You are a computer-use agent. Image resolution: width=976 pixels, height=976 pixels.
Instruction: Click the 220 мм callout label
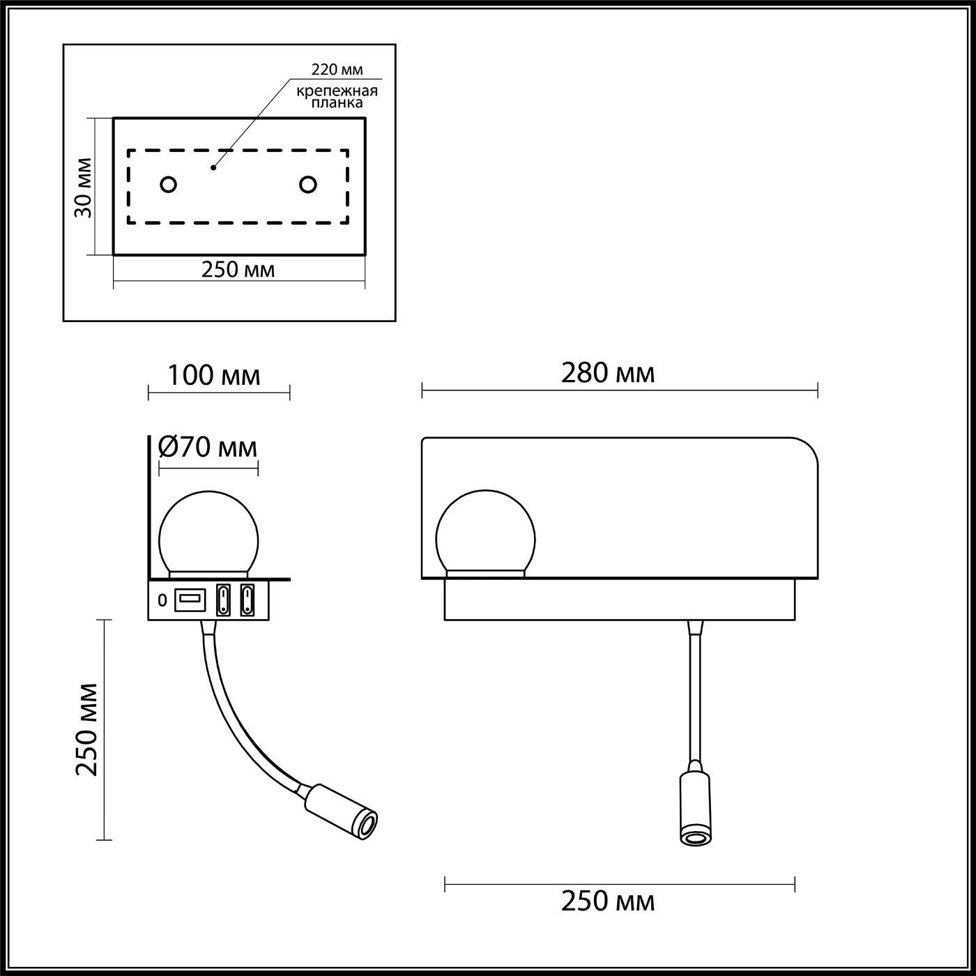pyautogui.click(x=337, y=70)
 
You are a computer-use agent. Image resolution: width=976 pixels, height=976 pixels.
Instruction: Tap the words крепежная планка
pyautogui.click(x=337, y=97)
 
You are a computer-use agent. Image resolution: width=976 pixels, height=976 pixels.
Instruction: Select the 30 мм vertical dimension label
pyautogui.click(x=84, y=188)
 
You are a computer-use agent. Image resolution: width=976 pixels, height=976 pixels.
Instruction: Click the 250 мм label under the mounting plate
pyautogui.click(x=238, y=270)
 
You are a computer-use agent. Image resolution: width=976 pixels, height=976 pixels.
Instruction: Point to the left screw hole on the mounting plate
pyautogui.click(x=168, y=185)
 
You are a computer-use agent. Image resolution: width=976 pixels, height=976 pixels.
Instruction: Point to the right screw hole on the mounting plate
pyautogui.click(x=307, y=185)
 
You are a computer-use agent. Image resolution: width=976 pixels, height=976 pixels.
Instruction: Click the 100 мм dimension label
pyautogui.click(x=214, y=375)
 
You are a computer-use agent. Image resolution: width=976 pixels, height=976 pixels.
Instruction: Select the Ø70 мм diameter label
pyautogui.click(x=208, y=447)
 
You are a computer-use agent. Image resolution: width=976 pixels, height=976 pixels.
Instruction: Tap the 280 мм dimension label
pyautogui.click(x=608, y=374)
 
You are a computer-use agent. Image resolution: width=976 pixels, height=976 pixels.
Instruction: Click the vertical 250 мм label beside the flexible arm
pyautogui.click(x=88, y=729)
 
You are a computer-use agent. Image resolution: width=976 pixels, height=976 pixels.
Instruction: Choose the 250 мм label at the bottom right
pyautogui.click(x=608, y=901)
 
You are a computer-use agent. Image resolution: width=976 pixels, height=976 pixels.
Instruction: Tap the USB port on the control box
pyautogui.click(x=190, y=599)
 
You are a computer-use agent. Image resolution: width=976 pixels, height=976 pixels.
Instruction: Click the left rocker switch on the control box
pyautogui.click(x=223, y=600)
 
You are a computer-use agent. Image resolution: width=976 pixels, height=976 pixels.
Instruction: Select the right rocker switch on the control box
pyautogui.click(x=247, y=600)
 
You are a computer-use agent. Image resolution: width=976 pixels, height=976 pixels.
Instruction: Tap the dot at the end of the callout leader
pyautogui.click(x=213, y=168)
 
